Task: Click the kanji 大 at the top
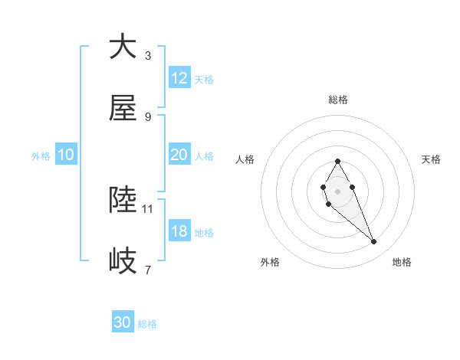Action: pos(123,47)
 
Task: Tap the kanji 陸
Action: pos(123,201)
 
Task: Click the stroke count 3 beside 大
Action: pos(148,55)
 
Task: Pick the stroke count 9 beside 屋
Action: pos(148,116)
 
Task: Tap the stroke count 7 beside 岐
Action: pos(148,270)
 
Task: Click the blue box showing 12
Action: pos(179,78)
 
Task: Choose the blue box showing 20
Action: pos(179,155)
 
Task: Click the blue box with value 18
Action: pos(179,231)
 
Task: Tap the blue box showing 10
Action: pos(66,155)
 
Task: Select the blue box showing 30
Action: pos(123,322)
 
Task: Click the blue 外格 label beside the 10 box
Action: pos(41,155)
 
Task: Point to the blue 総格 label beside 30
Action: pos(147,323)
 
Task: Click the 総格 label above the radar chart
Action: pos(337,100)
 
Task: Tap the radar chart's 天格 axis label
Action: pos(432,159)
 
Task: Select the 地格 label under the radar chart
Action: pos(402,262)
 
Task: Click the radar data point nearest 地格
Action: pos(374,242)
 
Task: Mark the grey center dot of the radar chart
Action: pos(337,190)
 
